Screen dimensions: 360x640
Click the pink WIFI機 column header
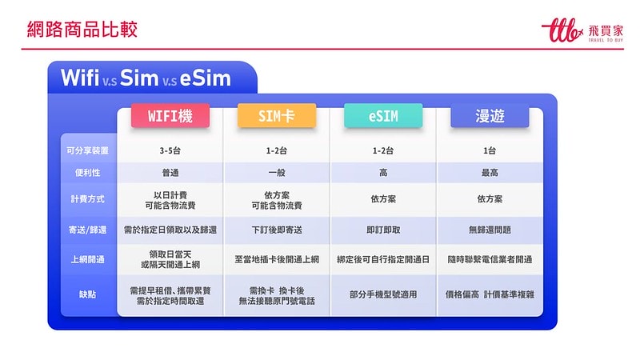pyautogui.click(x=170, y=116)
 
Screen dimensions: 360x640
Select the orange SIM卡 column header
pyautogui.click(x=277, y=116)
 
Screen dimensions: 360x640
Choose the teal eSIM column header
pyautogui.click(x=383, y=116)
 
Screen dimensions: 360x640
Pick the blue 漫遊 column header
pyautogui.click(x=490, y=116)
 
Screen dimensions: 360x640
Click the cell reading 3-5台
pyautogui.click(x=170, y=150)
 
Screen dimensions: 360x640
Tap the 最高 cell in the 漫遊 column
pyautogui.click(x=490, y=173)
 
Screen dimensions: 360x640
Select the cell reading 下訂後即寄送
pyautogui.click(x=277, y=230)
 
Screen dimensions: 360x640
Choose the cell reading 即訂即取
pyautogui.click(x=383, y=230)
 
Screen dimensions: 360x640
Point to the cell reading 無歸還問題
pyautogui.click(x=490, y=230)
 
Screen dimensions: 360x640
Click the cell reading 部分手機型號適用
pyautogui.click(x=383, y=294)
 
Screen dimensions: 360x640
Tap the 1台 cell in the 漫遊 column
pyautogui.click(x=490, y=150)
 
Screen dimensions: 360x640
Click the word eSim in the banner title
pyautogui.click(x=205, y=78)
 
